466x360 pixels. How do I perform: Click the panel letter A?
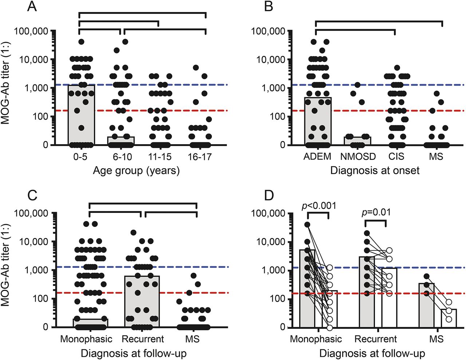32,7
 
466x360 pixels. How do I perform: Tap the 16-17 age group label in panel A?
200,157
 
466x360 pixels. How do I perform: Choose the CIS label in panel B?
396,157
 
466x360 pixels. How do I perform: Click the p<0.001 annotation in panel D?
319,206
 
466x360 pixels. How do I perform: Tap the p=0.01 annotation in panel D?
376,211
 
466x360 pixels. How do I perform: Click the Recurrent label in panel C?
143,339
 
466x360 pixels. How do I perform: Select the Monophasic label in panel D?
316,339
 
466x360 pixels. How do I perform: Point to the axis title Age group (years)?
136,170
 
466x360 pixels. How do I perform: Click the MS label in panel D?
436,339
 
